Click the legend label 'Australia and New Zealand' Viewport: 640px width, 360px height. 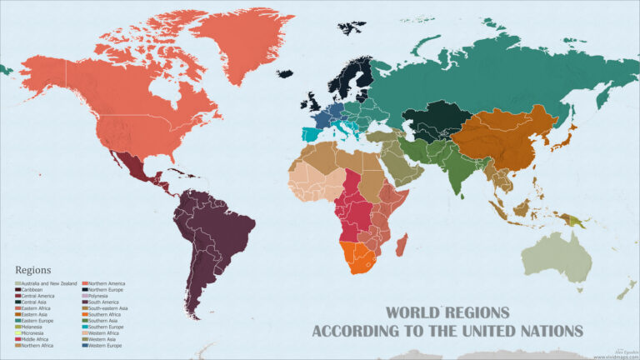coord(49,284)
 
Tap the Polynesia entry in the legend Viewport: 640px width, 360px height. coord(101,296)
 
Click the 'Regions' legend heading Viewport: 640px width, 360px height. coord(33,270)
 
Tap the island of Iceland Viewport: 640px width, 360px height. coord(285,73)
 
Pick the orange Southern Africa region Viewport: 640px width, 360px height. coord(357,255)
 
